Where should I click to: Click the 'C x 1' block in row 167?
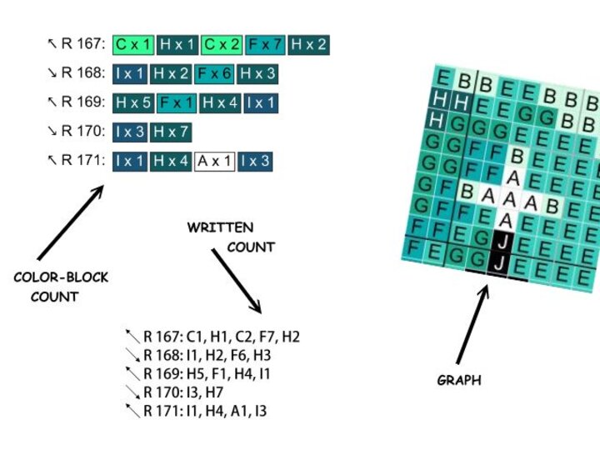[x=132, y=45]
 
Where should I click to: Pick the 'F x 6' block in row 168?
[x=213, y=74]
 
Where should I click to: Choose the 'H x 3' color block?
[x=257, y=74]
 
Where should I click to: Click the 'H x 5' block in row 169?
[x=133, y=103]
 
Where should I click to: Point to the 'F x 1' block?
[x=176, y=103]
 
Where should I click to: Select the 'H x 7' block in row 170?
[x=171, y=132]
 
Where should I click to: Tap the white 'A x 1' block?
[x=214, y=161]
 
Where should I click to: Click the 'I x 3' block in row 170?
[x=129, y=132]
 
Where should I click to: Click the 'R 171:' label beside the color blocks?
[x=83, y=160]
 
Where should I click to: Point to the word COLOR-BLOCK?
[x=61, y=277]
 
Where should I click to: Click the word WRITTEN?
[x=220, y=227]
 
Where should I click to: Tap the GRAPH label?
[x=459, y=381]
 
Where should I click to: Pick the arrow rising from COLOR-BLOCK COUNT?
[x=72, y=221]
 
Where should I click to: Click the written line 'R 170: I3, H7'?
[x=190, y=392]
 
